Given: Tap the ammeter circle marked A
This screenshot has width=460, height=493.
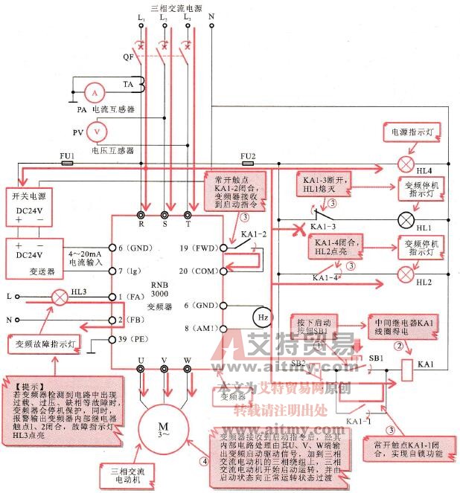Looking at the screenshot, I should point(94,94).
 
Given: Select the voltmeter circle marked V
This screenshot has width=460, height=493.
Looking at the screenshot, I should point(95,132).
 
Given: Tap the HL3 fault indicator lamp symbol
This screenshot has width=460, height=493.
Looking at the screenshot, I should point(57,296).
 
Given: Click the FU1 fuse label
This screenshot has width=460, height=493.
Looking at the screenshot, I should point(67,157).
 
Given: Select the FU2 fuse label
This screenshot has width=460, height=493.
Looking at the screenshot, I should point(249,156).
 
